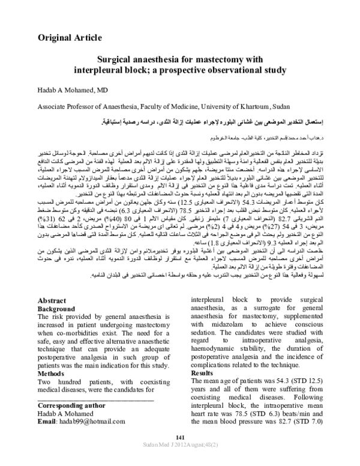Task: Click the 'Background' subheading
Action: pos(59,309)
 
